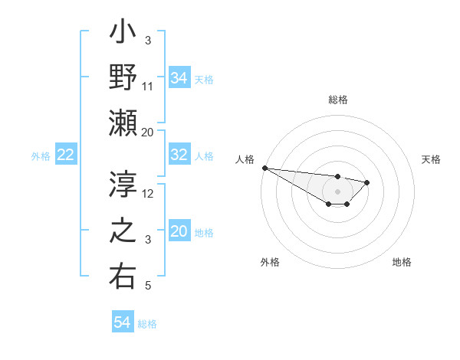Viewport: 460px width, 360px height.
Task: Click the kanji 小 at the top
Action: pos(123,35)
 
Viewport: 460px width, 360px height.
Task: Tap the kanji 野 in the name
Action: pos(123,77)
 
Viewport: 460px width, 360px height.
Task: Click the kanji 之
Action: pos(123,230)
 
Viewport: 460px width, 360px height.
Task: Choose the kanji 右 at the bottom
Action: pos(123,275)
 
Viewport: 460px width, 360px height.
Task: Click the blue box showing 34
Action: pos(179,77)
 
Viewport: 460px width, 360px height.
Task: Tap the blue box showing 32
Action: pos(179,155)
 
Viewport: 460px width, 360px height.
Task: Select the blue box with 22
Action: pos(66,155)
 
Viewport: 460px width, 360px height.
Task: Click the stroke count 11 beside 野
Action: pos(148,87)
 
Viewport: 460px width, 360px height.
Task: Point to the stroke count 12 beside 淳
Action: pos(148,193)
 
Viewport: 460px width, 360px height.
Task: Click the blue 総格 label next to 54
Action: pos(147,324)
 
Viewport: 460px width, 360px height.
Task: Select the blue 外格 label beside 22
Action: pos(41,156)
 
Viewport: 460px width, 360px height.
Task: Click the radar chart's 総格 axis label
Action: pos(337,100)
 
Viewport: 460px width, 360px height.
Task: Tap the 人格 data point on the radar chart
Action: pos(264,168)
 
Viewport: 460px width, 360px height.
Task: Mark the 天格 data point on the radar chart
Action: pos(367,182)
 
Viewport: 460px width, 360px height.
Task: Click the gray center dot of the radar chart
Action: pos(337,191)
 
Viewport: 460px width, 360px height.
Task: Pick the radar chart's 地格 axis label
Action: pos(402,262)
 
